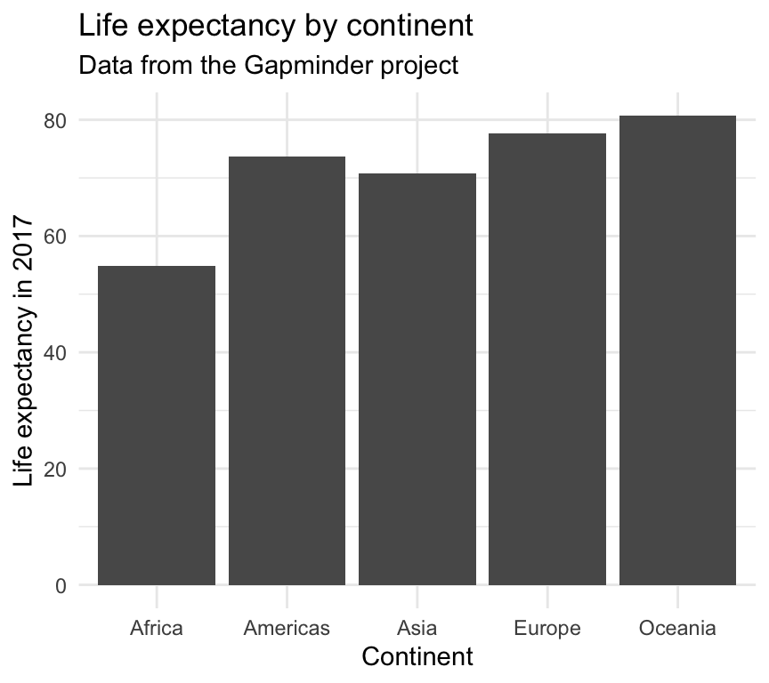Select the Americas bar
click(287, 371)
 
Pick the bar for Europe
click(547, 359)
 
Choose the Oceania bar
click(677, 350)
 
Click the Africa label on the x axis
click(157, 629)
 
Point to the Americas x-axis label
click(287, 629)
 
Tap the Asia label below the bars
click(417, 629)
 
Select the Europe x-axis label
click(547, 629)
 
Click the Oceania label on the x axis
click(677, 629)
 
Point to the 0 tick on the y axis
click(61, 585)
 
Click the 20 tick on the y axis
click(56, 469)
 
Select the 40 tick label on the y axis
click(56, 352)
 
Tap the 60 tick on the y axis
click(56, 236)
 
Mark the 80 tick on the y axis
click(56, 120)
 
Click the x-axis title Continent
click(417, 657)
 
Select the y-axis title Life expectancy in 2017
click(26, 352)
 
